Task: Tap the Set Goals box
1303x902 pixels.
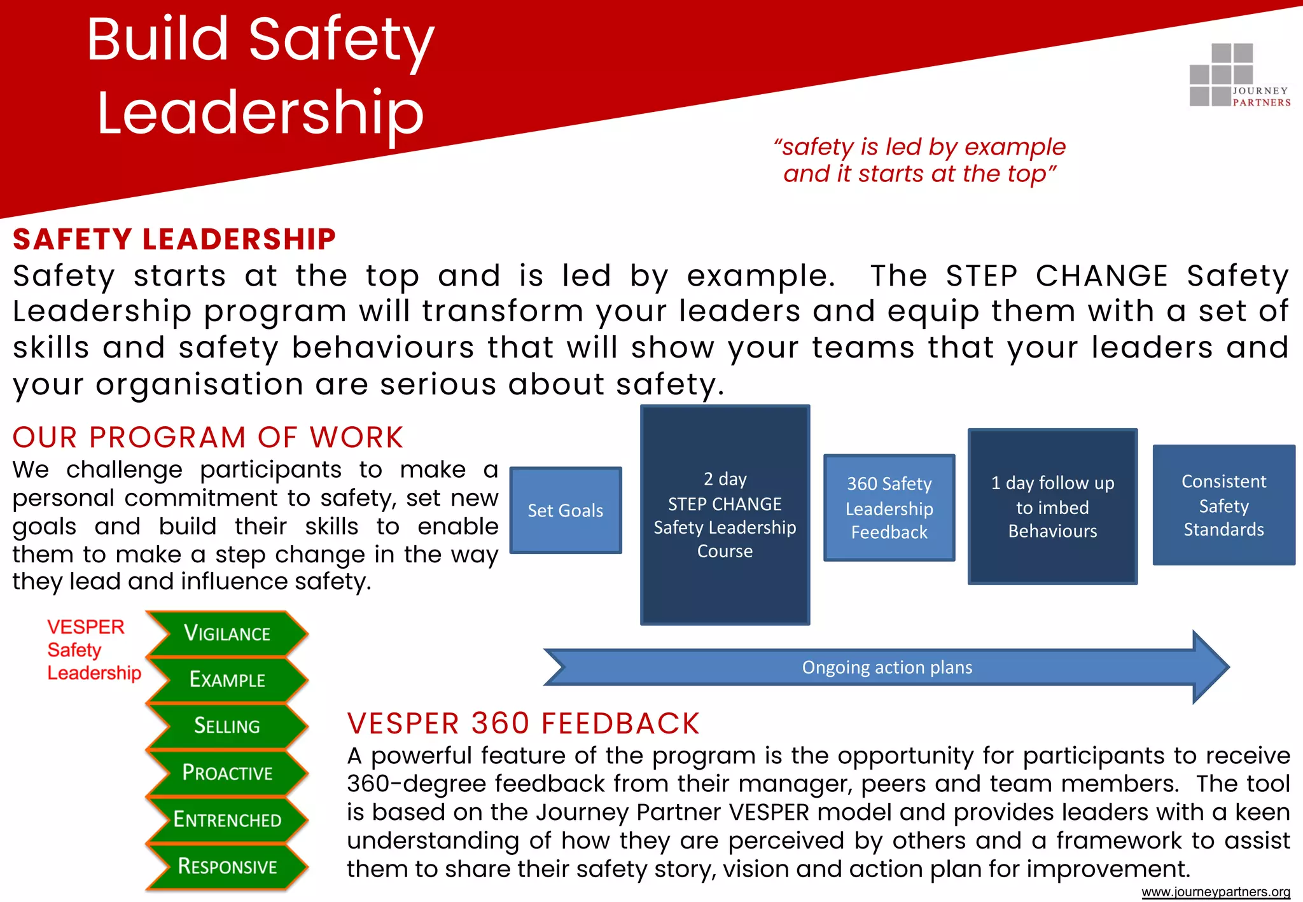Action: (x=566, y=510)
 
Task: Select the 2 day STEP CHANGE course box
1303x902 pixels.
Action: (x=725, y=515)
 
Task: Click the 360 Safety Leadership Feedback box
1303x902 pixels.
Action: (x=889, y=508)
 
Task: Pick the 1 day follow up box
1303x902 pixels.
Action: (x=1052, y=506)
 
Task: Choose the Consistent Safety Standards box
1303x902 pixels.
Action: (x=1223, y=505)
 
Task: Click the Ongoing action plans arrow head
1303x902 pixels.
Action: (x=1209, y=667)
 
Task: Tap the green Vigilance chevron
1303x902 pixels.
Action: (x=226, y=634)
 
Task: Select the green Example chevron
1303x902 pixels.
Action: (x=226, y=680)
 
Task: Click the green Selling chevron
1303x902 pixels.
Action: (x=226, y=726)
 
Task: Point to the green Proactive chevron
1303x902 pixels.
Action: (x=226, y=773)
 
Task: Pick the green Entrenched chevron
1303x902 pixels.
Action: (x=226, y=819)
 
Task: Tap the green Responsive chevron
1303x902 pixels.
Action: (x=226, y=866)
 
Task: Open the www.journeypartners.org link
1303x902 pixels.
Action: (x=1215, y=892)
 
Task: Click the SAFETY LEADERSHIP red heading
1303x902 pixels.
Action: (x=174, y=240)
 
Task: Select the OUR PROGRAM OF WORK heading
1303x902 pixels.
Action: (x=208, y=438)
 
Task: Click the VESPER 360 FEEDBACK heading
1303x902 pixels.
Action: (x=523, y=724)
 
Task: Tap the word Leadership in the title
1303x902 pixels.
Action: (x=260, y=113)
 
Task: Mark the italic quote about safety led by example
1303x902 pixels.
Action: (x=919, y=160)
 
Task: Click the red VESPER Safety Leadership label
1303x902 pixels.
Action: (x=94, y=649)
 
